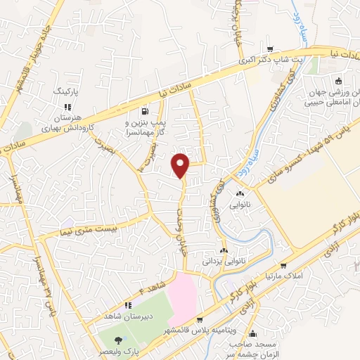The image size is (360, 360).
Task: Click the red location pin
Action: (181, 165)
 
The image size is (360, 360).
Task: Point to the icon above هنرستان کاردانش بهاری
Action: (67, 106)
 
